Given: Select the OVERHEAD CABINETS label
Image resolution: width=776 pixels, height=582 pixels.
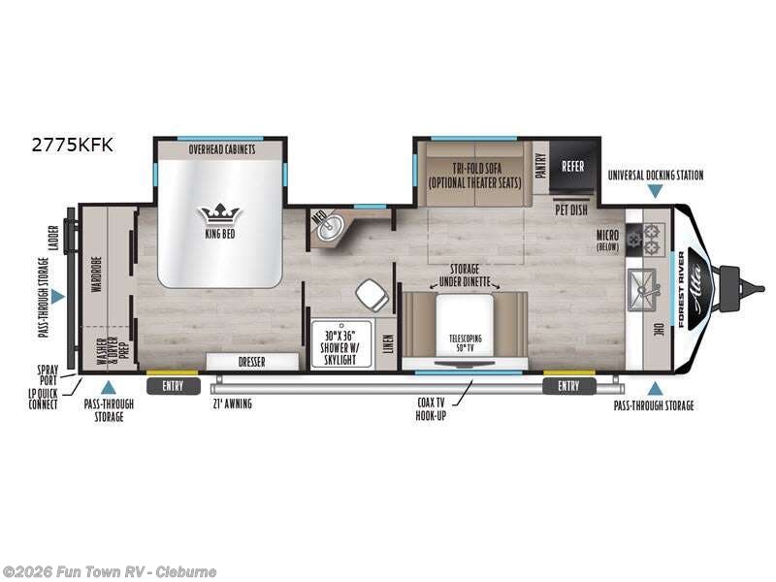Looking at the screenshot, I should pos(220,150).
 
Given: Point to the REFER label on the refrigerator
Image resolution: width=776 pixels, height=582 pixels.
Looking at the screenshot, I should pos(572,166).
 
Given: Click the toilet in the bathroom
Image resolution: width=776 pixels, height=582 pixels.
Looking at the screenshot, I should pos(369,292).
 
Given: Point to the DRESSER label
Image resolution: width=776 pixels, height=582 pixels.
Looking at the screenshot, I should pos(251,362).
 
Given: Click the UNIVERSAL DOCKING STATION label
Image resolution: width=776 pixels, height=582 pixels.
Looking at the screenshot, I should pos(655,176).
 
